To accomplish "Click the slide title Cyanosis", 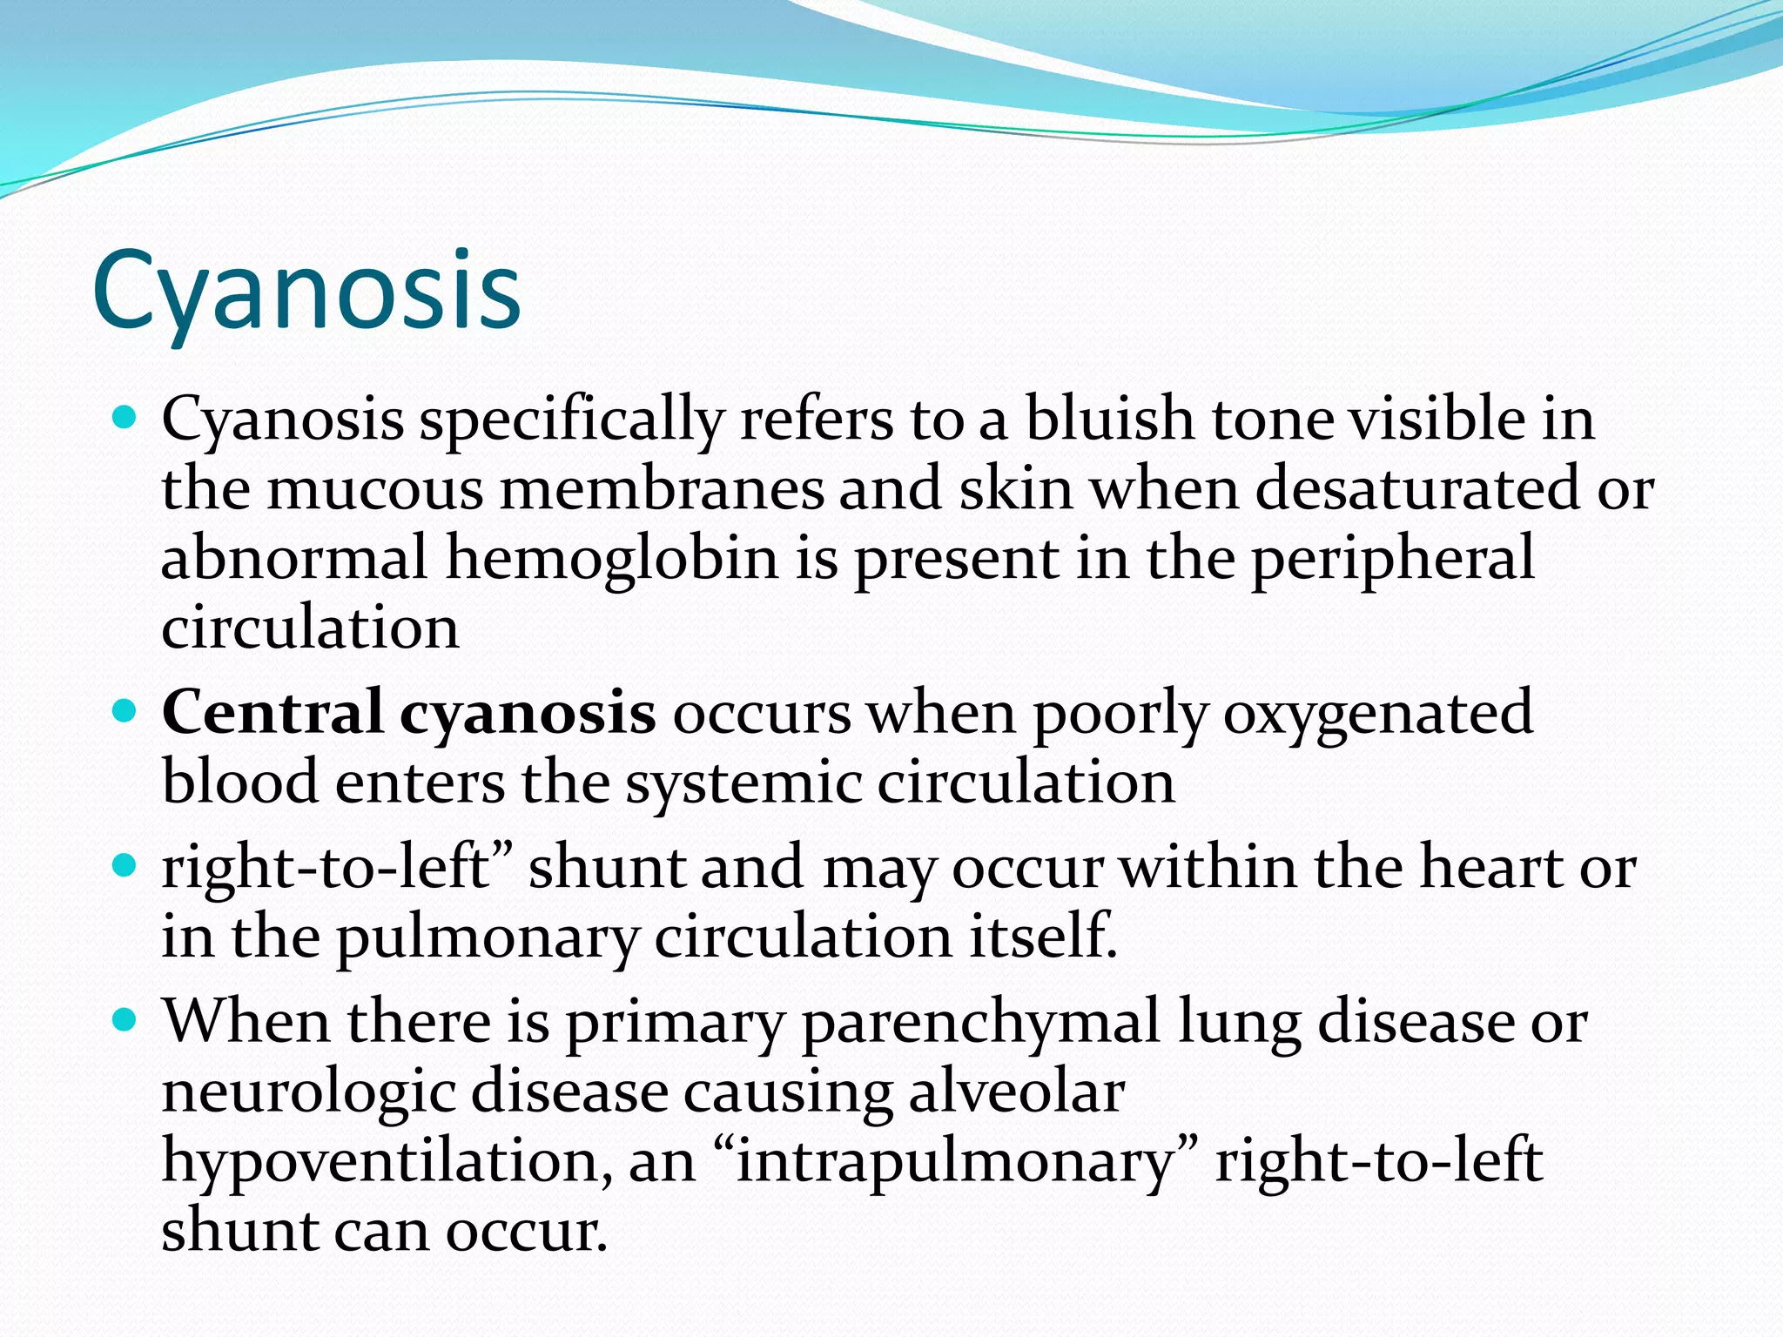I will click(x=306, y=292).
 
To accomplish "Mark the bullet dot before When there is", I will click(x=126, y=1019).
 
